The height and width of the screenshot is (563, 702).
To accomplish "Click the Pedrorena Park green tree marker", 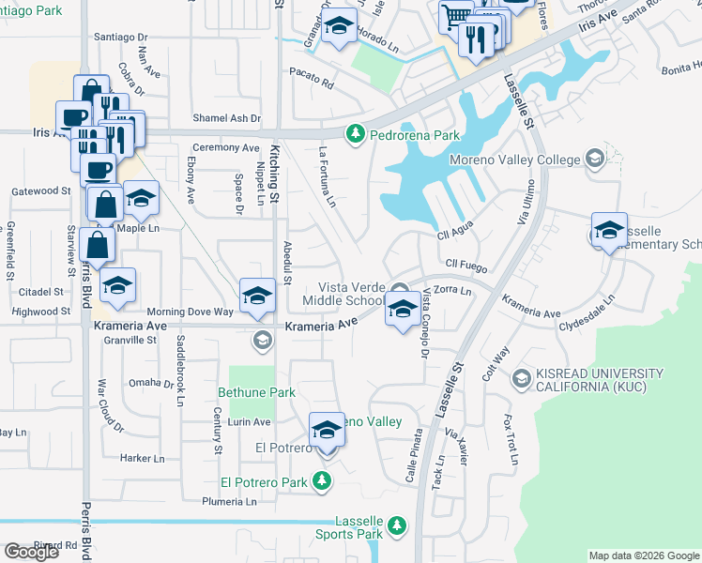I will pyautogui.click(x=355, y=135).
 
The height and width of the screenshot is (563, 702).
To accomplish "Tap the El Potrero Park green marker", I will pyautogui.click(x=322, y=482).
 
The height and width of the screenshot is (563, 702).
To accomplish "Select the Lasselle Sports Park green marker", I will pyautogui.click(x=397, y=525).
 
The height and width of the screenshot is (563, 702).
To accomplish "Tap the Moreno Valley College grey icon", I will pyautogui.click(x=593, y=159).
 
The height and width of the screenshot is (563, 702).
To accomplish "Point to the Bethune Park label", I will pyautogui.click(x=256, y=392).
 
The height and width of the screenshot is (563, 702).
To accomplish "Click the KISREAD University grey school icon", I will pyautogui.click(x=521, y=379).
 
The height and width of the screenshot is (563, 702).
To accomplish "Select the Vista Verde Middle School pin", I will pyautogui.click(x=403, y=310).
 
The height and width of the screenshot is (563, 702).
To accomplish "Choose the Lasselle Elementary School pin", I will pyautogui.click(x=608, y=231).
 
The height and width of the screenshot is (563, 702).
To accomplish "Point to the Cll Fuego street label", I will pyautogui.click(x=465, y=264).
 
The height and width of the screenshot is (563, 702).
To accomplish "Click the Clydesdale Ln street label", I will pyautogui.click(x=587, y=314).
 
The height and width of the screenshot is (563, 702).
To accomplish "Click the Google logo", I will pyautogui.click(x=31, y=552).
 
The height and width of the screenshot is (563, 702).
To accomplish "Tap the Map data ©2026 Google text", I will pyautogui.click(x=644, y=555).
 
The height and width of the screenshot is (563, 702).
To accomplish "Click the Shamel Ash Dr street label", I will pyautogui.click(x=227, y=118).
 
